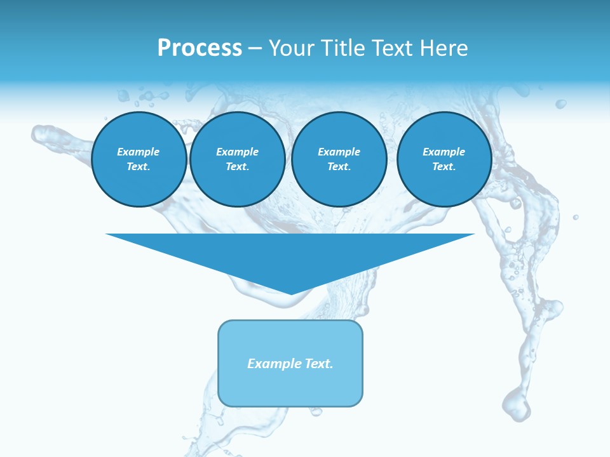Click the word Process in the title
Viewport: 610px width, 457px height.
pyautogui.click(x=200, y=48)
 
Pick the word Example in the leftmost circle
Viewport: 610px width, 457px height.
pyautogui.click(x=139, y=152)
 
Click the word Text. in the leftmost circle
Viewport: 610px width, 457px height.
pyautogui.click(x=139, y=166)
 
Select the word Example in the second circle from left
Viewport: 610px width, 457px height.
pyautogui.click(x=237, y=152)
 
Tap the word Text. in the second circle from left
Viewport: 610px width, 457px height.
pyautogui.click(x=237, y=166)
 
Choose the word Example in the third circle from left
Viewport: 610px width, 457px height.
pyautogui.click(x=339, y=152)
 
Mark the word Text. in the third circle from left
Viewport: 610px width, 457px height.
pyautogui.click(x=339, y=166)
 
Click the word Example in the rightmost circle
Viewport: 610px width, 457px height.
pyautogui.click(x=444, y=152)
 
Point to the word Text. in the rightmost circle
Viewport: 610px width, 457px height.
pyautogui.click(x=444, y=166)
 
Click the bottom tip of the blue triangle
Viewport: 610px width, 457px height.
pyautogui.click(x=291, y=293)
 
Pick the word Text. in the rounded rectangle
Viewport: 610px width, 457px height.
pyautogui.click(x=318, y=364)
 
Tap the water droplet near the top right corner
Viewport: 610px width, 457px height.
pyautogui.click(x=560, y=103)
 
